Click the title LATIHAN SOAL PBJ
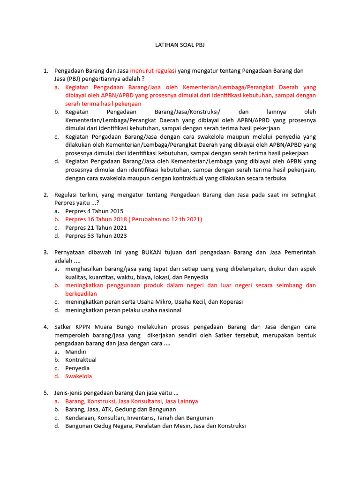180,45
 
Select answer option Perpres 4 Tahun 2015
94,211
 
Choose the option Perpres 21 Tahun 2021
96,227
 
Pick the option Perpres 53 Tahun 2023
96,236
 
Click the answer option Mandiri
76,351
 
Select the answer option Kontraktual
81,360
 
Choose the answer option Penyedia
77,368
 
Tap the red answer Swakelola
79,376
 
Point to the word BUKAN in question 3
151,252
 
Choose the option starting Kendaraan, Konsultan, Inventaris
139,418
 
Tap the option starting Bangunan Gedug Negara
155,426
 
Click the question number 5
45,393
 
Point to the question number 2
45,195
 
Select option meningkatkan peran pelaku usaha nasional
123,310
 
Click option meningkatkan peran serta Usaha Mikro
154,302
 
